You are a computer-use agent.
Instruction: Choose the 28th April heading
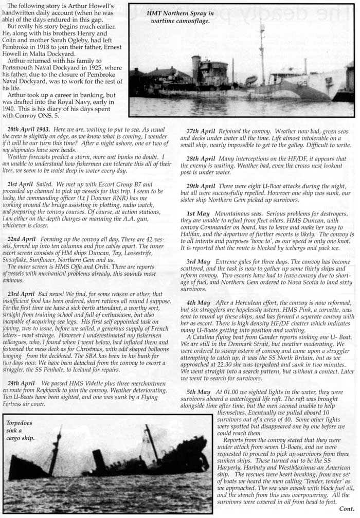click(x=201, y=159)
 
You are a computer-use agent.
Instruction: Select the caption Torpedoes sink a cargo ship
click(x=21, y=431)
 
